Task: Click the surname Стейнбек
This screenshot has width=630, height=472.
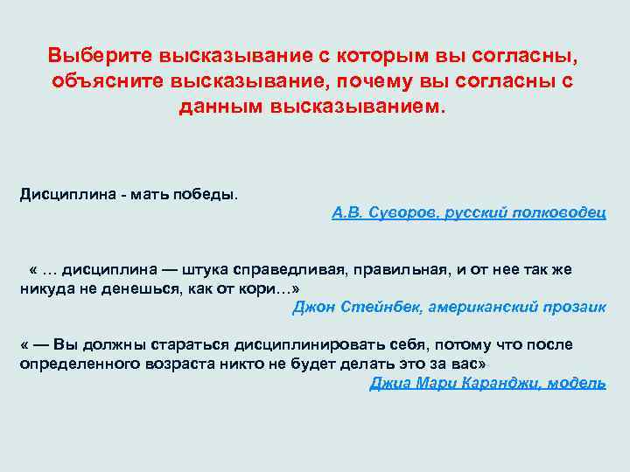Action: (x=371, y=307)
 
